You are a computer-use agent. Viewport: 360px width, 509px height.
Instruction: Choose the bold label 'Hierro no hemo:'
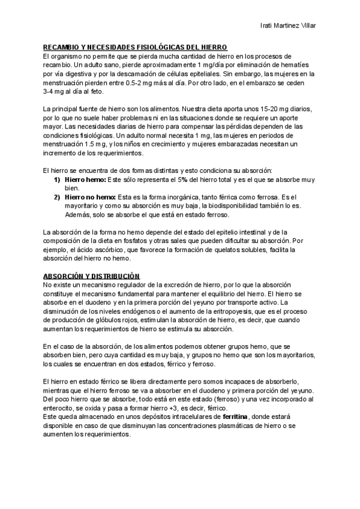pos(90,197)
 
